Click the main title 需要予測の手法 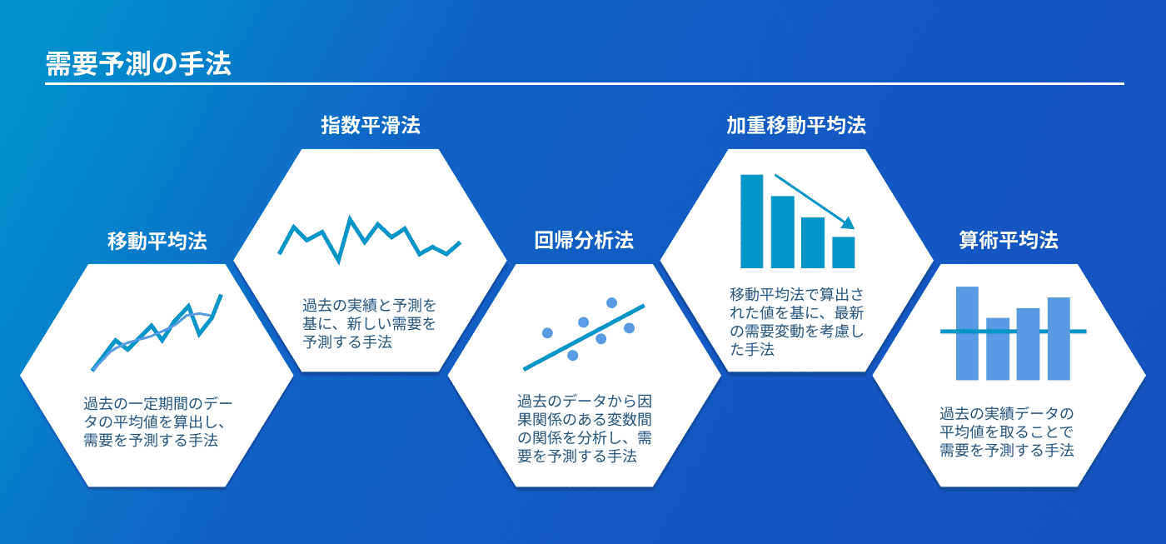pos(138,64)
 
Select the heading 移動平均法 pos(157,241)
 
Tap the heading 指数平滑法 pos(371,126)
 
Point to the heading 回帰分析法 pos(584,241)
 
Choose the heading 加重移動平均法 pos(796,126)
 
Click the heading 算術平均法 pos(1009,241)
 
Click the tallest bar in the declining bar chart pos(751,222)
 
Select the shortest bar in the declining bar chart pos(843,252)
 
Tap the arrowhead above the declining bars pos(849,222)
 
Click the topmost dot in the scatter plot pos(611,303)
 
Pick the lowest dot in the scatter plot pos(573,356)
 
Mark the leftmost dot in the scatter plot pos(548,333)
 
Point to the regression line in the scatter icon pos(584,337)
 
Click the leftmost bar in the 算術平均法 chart pos(967,333)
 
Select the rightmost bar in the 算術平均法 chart pos(1059,338)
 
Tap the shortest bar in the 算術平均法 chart pos(998,349)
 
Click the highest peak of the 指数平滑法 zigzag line pos(350,217)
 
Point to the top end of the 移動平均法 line pos(222,296)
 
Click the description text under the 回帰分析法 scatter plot pos(584,428)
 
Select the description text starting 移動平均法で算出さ pos(796,322)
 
